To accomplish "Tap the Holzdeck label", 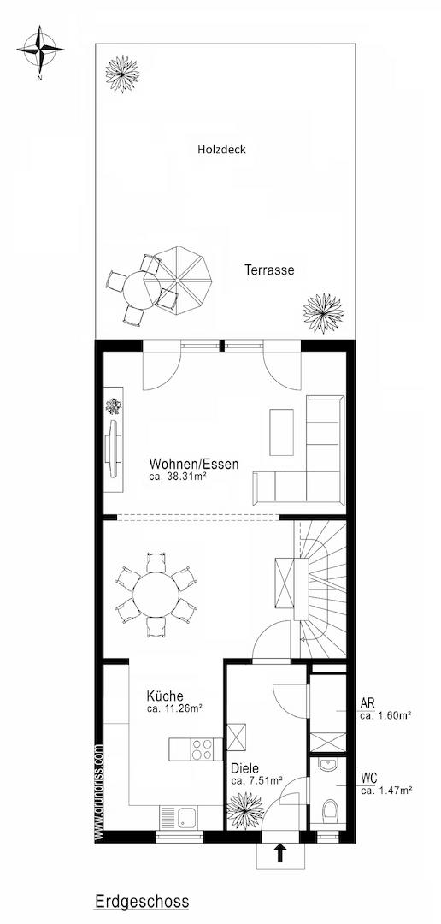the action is (x=221, y=150).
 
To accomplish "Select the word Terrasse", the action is (x=269, y=270).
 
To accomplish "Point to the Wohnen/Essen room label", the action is (x=194, y=464).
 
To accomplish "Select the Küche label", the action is (x=166, y=696).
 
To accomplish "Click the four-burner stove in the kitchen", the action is (x=203, y=749).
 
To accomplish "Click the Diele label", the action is (x=244, y=768).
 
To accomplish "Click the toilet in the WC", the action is (x=330, y=810).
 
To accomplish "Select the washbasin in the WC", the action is (x=327, y=764).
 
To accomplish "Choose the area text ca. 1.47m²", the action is (x=386, y=791).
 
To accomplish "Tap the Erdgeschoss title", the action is (x=142, y=901).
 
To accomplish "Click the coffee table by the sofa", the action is (x=281, y=432).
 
